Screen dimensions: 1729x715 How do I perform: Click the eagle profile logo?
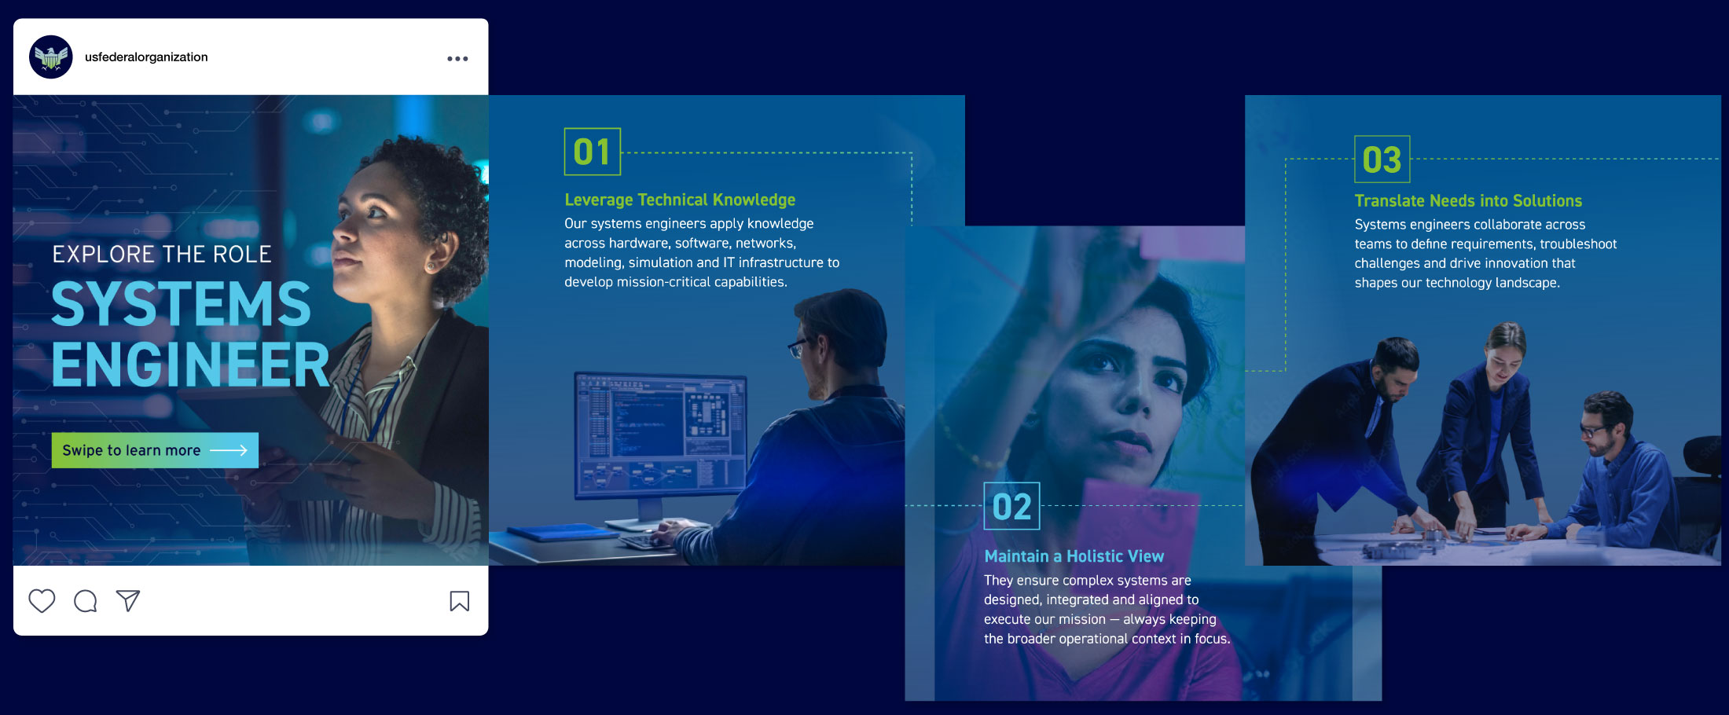pos(51,57)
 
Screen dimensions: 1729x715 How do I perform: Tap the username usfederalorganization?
pos(146,57)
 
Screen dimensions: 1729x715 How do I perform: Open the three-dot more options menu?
pos(457,59)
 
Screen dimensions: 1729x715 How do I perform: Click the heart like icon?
pos(42,601)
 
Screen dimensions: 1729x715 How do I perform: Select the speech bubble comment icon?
pos(85,601)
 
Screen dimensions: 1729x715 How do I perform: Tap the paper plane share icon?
pos(128,601)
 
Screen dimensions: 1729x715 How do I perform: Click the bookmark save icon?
pos(460,601)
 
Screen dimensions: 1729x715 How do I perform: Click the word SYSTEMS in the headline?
pos(182,304)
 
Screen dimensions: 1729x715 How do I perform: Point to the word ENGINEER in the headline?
pos(191,365)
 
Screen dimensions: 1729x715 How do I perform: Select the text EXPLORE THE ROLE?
pos(162,255)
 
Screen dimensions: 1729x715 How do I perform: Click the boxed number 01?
pos(593,152)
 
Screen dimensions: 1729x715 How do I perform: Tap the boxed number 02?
pos(1011,507)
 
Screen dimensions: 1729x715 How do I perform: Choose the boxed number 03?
pos(1382,159)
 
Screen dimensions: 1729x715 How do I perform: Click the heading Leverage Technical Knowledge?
pos(680,200)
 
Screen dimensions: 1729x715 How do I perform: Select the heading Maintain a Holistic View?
pos(1074,556)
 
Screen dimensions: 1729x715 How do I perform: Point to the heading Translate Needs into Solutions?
pos(1468,201)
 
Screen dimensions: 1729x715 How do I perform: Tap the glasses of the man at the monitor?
pos(798,346)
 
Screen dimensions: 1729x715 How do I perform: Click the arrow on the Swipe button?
pos(229,450)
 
